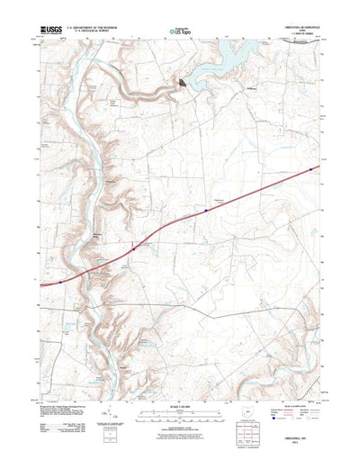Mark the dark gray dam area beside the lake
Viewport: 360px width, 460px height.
point(184,83)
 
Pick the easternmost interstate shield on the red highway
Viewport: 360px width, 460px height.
point(310,168)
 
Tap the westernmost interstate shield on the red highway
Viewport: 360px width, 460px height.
point(61,281)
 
